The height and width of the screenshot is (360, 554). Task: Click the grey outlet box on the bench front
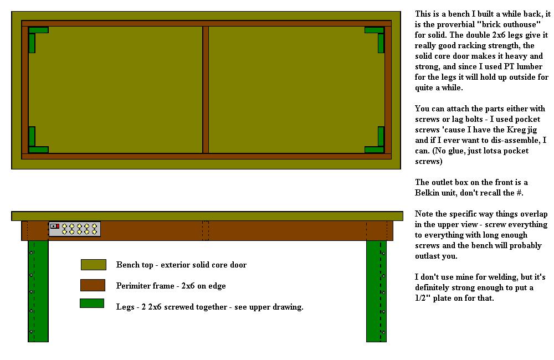pyautogui.click(x=75, y=229)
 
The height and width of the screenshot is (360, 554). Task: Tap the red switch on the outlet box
pyautogui.click(x=57, y=226)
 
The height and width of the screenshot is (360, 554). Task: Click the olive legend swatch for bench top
pyautogui.click(x=93, y=265)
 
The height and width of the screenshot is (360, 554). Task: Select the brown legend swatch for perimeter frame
pyautogui.click(x=93, y=285)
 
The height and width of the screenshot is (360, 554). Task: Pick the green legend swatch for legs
pyautogui.click(x=92, y=303)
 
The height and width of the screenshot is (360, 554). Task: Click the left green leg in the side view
pyautogui.click(x=38, y=291)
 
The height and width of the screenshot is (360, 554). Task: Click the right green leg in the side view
pyautogui.click(x=376, y=291)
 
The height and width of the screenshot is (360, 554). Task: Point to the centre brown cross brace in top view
pyautogui.click(x=206, y=90)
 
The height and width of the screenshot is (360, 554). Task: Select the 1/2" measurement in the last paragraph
pyautogui.click(x=423, y=298)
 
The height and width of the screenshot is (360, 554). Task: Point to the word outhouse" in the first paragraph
pyautogui.click(x=522, y=24)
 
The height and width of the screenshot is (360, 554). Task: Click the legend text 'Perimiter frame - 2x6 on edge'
pyautogui.click(x=171, y=286)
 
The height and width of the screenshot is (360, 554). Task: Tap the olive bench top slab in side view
pyautogui.click(x=207, y=216)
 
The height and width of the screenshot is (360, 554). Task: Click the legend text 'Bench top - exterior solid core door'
pyautogui.click(x=181, y=265)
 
